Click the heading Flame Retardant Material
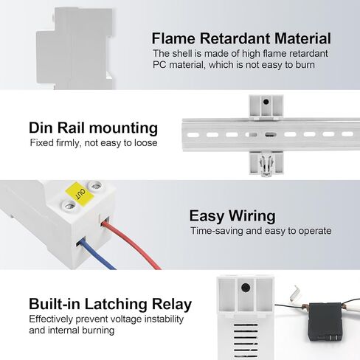(x=241, y=38)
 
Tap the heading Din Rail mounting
(x=93, y=128)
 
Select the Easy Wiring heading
(x=232, y=216)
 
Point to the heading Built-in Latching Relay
(x=110, y=304)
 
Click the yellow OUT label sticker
(x=80, y=194)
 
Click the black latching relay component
(x=325, y=322)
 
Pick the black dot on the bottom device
(x=246, y=288)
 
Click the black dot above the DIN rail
(x=266, y=102)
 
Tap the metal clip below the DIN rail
(x=266, y=164)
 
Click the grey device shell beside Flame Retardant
(x=75, y=49)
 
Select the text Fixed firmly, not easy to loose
(x=94, y=143)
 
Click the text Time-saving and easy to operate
(x=261, y=231)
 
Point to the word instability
(x=164, y=319)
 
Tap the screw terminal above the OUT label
(x=95, y=186)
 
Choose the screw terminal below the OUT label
(x=69, y=206)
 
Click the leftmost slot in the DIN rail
(x=193, y=135)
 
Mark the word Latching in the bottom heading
(x=116, y=304)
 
